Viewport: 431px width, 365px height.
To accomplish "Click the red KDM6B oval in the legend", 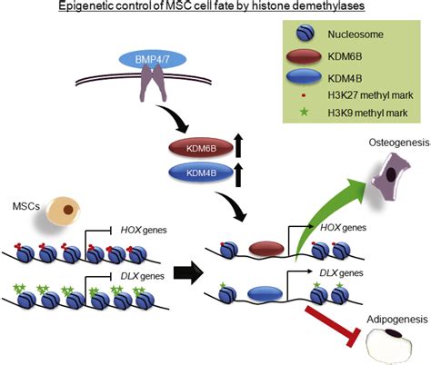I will point(300,60).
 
